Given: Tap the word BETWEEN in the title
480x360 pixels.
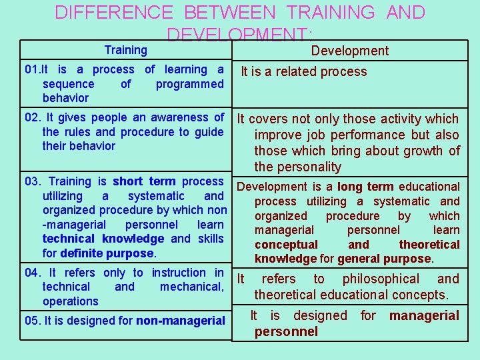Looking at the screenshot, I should pyautogui.click(x=229, y=13).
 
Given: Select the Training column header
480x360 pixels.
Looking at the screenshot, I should pyautogui.click(x=126, y=50).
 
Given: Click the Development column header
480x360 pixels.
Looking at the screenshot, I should pyautogui.click(x=350, y=51).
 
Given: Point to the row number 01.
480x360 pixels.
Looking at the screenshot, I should pyautogui.click(x=31, y=69).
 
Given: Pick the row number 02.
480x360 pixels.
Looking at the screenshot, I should pyautogui.click(x=32, y=117).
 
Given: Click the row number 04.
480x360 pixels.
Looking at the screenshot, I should pyautogui.click(x=32, y=273).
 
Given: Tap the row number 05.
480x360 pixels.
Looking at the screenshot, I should pyautogui.click(x=32, y=321).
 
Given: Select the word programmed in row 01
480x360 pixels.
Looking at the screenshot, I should pyautogui.click(x=189, y=84).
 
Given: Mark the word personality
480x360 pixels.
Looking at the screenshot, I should pyautogui.click(x=309, y=167).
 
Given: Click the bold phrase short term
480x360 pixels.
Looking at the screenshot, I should pyautogui.click(x=144, y=181).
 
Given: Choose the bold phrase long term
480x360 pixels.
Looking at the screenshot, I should pyautogui.click(x=365, y=187).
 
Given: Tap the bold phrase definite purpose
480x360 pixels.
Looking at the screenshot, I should pyautogui.click(x=107, y=253).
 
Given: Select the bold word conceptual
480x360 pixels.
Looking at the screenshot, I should pyautogui.click(x=286, y=245).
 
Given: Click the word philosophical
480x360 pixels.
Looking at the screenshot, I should pyautogui.click(x=381, y=279).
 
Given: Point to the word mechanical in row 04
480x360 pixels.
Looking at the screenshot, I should pyautogui.click(x=191, y=287).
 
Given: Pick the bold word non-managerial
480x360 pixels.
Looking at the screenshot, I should pyautogui.click(x=180, y=321).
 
